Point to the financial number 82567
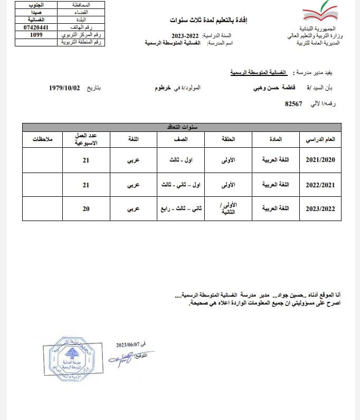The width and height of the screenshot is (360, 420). (293, 103)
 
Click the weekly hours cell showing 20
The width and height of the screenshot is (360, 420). (86, 209)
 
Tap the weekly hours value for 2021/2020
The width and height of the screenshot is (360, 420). (86, 160)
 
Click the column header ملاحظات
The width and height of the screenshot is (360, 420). (42, 139)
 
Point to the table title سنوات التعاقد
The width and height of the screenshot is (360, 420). (182, 127)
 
